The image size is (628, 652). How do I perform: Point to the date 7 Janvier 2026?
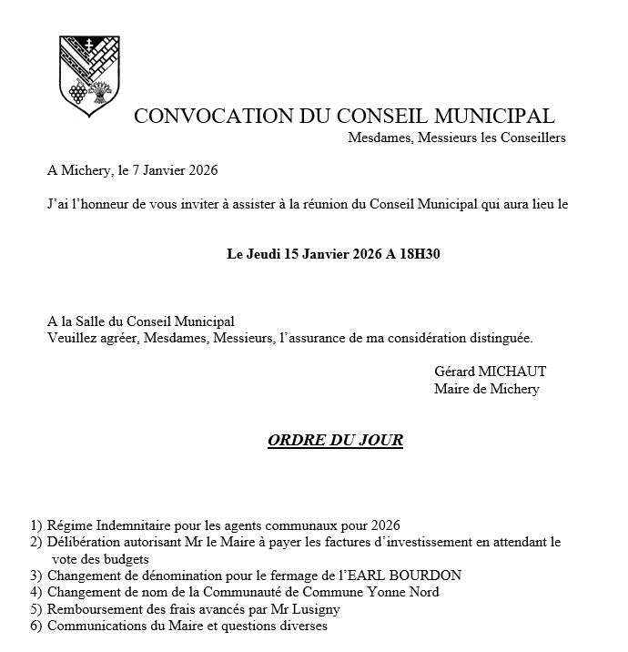click(x=176, y=170)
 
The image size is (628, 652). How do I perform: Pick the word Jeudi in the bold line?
click(x=264, y=254)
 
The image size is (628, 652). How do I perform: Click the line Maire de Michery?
click(x=486, y=389)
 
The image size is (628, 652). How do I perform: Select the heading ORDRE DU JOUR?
click(x=335, y=441)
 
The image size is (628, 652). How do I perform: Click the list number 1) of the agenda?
click(x=35, y=525)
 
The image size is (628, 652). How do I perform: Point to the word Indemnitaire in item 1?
click(x=134, y=525)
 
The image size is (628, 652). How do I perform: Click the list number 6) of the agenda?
click(x=35, y=627)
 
